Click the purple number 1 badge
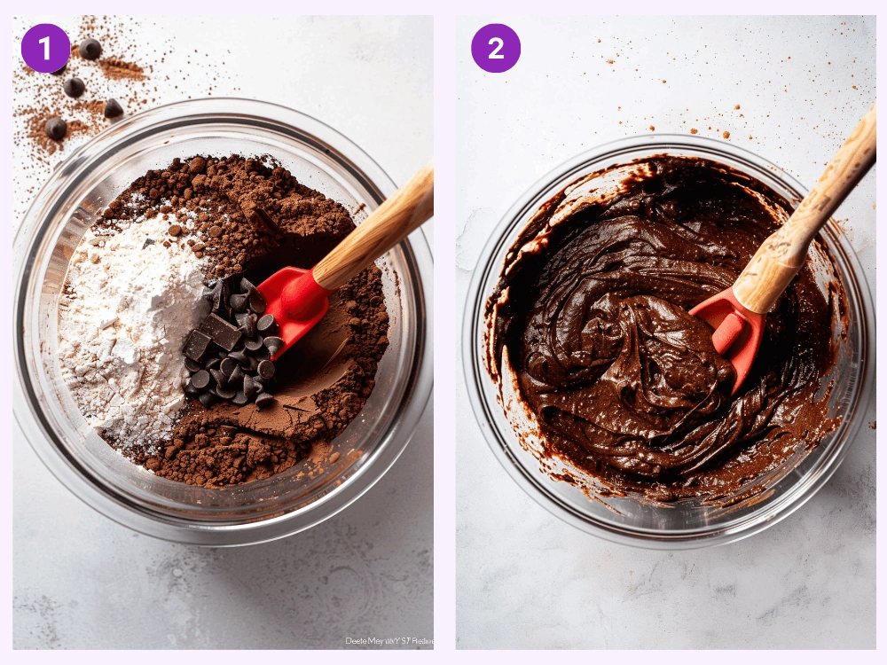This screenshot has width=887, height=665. click(x=45, y=48)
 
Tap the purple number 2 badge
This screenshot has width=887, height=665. click(x=496, y=48)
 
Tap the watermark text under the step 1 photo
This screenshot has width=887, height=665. click(x=386, y=640)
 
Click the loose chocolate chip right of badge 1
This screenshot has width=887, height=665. click(x=90, y=48)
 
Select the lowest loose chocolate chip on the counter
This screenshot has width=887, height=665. click(x=56, y=129)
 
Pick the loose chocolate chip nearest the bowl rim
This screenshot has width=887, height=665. click(x=113, y=108)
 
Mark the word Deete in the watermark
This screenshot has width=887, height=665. click(x=357, y=640)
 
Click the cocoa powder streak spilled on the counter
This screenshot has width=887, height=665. click(x=120, y=67)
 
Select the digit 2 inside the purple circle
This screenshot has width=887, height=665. click(x=496, y=48)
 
